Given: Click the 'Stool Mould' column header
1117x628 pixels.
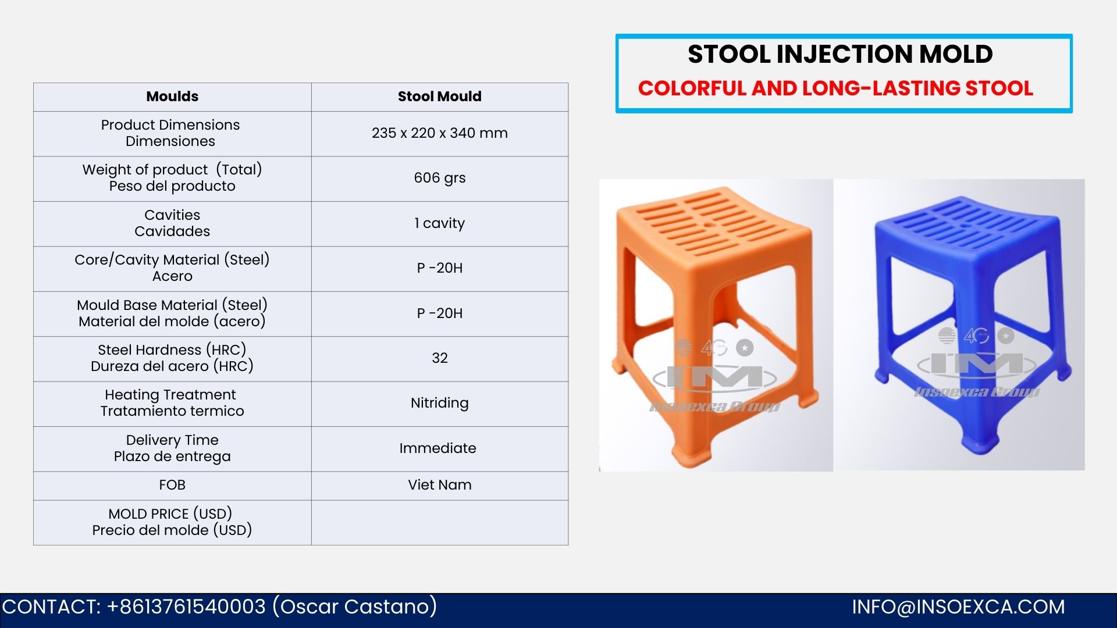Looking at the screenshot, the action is pos(439,97).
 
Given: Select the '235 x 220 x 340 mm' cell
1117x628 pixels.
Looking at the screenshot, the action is pos(439,133).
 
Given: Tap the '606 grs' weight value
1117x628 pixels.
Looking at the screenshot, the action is pos(439,178).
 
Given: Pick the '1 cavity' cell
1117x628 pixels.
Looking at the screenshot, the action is pos(439,223).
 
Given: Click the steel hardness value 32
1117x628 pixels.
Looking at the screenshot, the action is pos(439,358).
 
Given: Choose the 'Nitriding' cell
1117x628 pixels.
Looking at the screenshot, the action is pos(439,403).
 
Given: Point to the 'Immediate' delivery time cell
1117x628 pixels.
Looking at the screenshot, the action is pos(439,448).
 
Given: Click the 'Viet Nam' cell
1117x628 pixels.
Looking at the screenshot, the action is pos(439,485).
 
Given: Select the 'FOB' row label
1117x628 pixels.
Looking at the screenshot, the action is pos(172,485).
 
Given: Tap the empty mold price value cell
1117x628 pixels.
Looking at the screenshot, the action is pos(439,522).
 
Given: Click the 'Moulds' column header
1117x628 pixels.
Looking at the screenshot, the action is pos(172,97).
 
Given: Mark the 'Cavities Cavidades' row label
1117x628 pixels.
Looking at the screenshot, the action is pos(172,223).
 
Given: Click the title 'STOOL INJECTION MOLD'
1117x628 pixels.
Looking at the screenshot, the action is pos(840,54).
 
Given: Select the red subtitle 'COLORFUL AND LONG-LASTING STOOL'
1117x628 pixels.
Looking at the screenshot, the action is pos(835,88).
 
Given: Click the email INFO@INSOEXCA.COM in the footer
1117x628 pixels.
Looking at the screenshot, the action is pos(958,607).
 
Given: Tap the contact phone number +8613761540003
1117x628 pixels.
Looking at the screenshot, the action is pos(186,607).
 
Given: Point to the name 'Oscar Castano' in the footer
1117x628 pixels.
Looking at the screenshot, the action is pos(355,607).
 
